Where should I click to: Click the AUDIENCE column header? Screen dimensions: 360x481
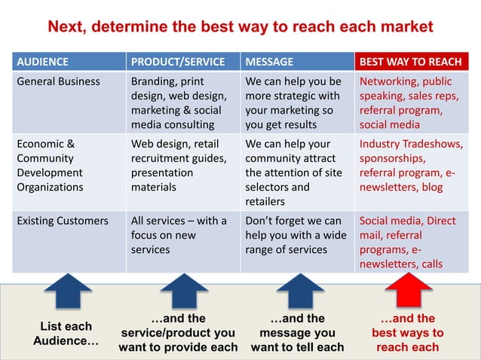coord(42,62)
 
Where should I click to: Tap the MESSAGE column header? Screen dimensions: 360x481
coord(269,62)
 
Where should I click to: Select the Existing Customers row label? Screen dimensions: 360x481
coord(63,221)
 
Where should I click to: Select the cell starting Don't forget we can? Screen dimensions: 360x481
coord(296,235)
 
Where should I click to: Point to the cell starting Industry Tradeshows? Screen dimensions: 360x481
coord(411,165)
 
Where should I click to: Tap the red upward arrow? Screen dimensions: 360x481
coord(409,292)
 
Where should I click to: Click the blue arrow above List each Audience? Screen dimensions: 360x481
coord(68,292)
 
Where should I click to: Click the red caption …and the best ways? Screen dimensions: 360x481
coord(407,332)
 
